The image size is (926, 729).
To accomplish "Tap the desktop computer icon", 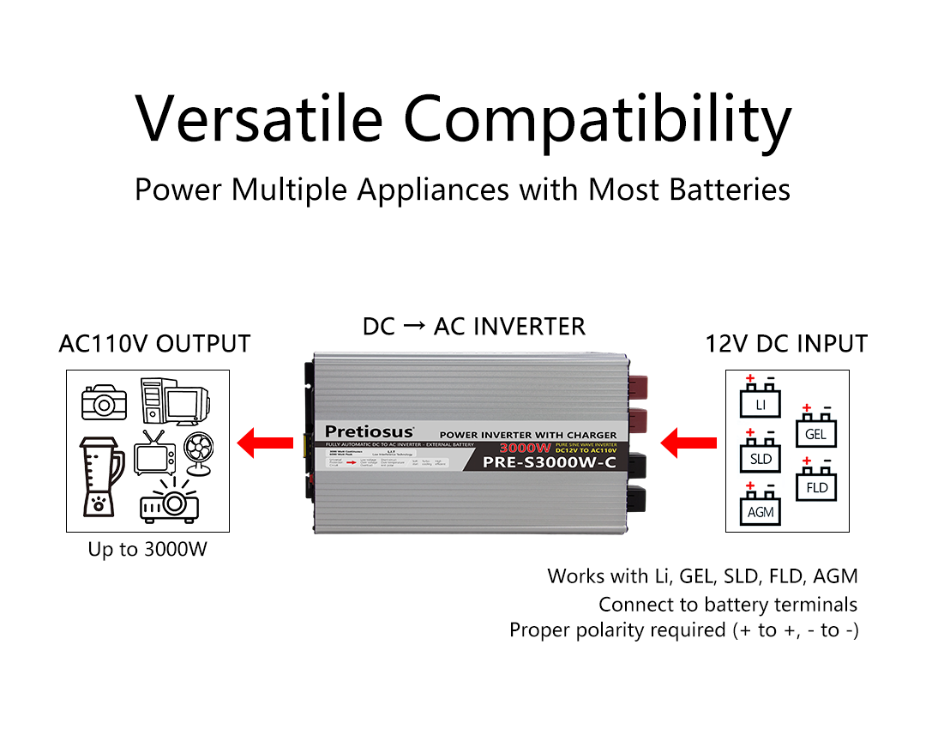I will (x=174, y=401).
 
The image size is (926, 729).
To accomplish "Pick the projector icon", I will (x=169, y=502).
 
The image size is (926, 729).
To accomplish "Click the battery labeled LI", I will (x=761, y=400).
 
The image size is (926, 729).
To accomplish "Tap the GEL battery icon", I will (x=815, y=430).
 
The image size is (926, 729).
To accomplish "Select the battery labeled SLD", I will (x=761, y=455).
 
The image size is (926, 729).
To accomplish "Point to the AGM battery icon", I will (x=761, y=508).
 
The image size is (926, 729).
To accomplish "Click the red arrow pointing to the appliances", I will (x=265, y=443).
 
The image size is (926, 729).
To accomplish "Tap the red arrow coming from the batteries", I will (x=689, y=443).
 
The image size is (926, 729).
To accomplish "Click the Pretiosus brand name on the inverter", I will (x=369, y=431).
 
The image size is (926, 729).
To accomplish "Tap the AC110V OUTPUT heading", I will (x=154, y=344).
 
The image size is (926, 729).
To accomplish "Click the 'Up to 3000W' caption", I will (x=147, y=549).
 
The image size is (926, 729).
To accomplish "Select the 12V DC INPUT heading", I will (x=786, y=344).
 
